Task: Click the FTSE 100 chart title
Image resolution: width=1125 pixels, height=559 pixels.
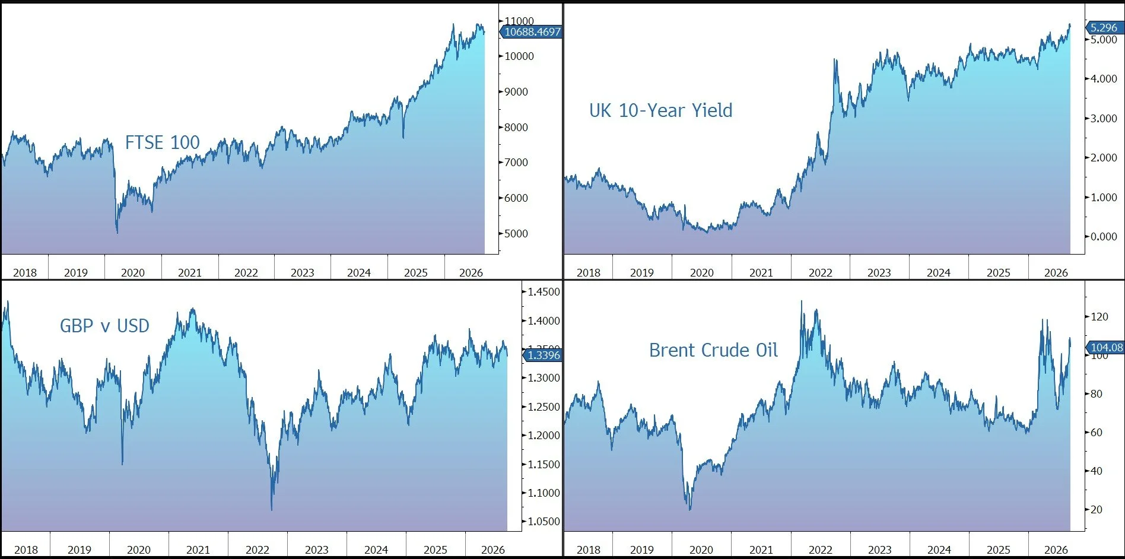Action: click(x=162, y=142)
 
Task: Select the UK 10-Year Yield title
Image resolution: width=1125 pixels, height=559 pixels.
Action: click(x=660, y=110)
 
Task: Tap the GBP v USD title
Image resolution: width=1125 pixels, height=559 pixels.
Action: click(x=104, y=326)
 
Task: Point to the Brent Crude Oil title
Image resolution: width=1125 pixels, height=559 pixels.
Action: click(x=713, y=350)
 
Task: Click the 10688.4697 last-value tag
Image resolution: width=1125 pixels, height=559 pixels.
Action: click(x=532, y=32)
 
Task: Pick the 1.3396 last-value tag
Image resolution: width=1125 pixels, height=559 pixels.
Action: click(x=542, y=355)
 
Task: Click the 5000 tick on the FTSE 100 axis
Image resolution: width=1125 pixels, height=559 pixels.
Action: click(x=516, y=233)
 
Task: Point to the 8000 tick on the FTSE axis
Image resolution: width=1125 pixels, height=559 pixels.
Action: click(x=516, y=127)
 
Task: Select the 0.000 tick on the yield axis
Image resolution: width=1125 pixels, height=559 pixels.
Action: click(x=1104, y=236)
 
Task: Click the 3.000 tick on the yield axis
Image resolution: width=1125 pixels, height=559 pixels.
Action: click(x=1104, y=118)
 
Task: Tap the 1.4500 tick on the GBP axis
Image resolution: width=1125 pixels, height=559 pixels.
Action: click(x=544, y=291)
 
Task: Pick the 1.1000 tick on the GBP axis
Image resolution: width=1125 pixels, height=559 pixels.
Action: click(x=544, y=493)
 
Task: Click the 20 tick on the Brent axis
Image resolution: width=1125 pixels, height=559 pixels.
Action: click(x=1097, y=509)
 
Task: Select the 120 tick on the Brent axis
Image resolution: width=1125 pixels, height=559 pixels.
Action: click(x=1099, y=316)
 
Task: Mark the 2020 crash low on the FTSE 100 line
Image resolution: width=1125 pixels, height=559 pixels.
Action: click(x=117, y=233)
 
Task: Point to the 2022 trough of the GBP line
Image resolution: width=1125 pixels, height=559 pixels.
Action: click(x=272, y=510)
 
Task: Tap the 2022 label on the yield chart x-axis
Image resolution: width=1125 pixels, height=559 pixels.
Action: click(x=820, y=272)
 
